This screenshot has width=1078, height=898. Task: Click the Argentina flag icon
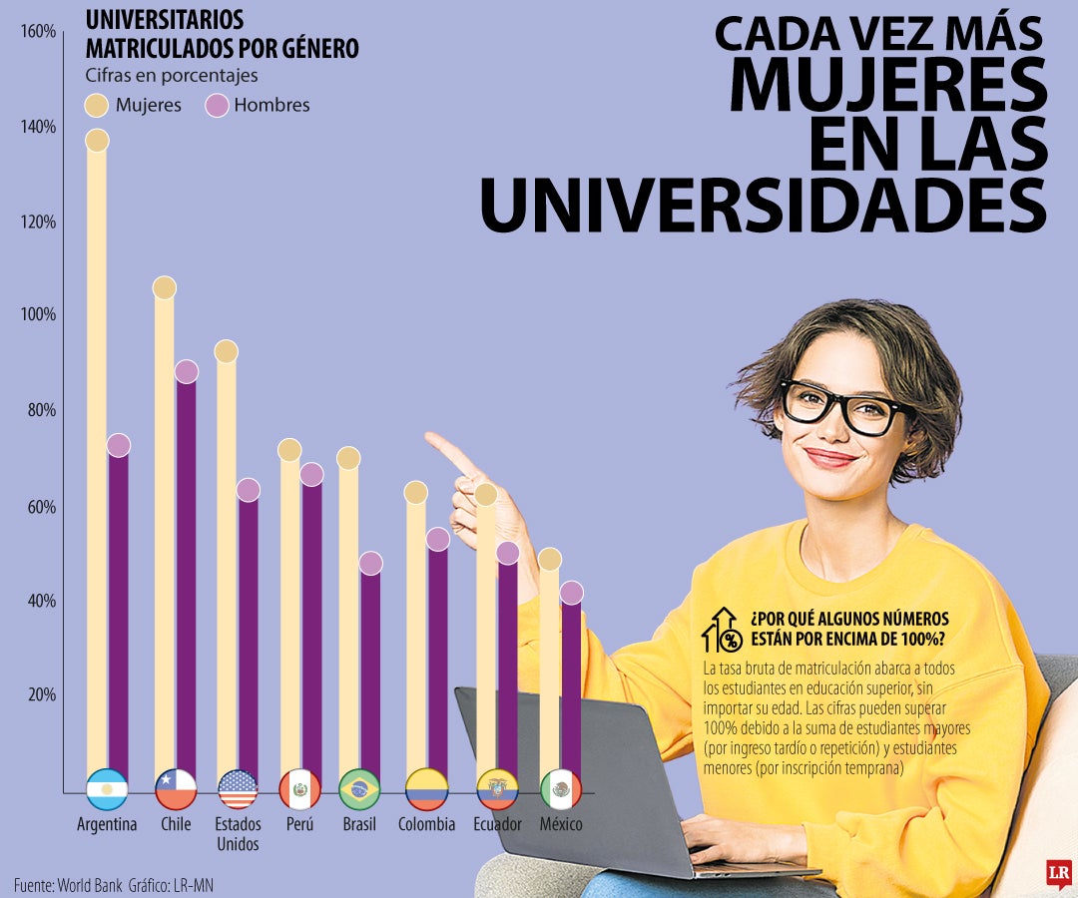(107, 789)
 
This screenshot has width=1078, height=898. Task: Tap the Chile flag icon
(176, 789)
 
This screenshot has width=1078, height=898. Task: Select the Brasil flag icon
(359, 789)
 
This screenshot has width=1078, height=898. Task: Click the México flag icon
(561, 789)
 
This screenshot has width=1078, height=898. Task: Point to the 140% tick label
(38, 127)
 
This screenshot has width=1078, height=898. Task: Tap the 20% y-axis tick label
(40, 694)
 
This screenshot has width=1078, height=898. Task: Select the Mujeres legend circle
(97, 105)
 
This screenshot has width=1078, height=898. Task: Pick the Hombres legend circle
(217, 105)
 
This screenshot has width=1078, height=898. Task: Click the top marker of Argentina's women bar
(97, 140)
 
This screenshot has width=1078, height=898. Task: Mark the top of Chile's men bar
(187, 371)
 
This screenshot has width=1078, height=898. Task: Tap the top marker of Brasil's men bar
(370, 564)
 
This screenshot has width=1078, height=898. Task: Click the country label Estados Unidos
(238, 834)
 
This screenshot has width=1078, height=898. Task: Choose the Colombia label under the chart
(426, 824)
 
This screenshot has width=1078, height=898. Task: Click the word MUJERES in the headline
(887, 86)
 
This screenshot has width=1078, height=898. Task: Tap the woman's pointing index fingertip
(430, 437)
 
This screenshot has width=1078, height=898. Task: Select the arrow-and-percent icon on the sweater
(722, 630)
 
